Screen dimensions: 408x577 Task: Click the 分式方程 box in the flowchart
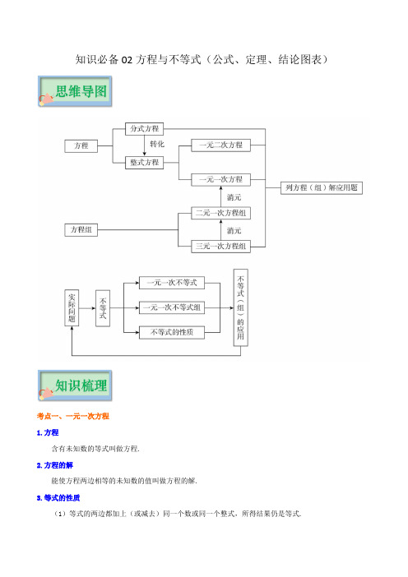click(x=144, y=129)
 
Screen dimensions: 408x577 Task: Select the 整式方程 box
click(x=144, y=162)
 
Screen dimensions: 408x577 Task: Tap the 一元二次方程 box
click(x=221, y=145)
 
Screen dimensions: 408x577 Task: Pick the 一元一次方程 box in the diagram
click(x=221, y=179)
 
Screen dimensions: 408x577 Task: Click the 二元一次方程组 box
click(x=221, y=213)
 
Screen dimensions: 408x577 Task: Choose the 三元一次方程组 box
click(x=221, y=247)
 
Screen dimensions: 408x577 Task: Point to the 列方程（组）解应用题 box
click(x=322, y=187)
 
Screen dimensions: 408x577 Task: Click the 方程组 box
click(x=81, y=229)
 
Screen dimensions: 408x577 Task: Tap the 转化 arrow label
click(x=157, y=145)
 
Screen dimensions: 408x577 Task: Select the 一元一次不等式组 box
click(x=172, y=307)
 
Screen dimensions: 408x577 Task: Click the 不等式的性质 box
click(x=172, y=332)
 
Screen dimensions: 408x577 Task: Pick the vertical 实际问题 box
click(x=72, y=308)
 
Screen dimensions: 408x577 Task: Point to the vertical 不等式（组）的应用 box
click(x=241, y=307)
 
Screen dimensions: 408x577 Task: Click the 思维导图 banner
click(x=75, y=91)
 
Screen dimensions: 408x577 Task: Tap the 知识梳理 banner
click(x=75, y=385)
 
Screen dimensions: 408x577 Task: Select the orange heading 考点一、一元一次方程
click(x=73, y=416)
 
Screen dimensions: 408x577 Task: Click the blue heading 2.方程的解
click(x=55, y=465)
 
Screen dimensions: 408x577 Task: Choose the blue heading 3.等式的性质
click(x=58, y=498)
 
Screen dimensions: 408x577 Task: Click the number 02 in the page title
click(x=127, y=60)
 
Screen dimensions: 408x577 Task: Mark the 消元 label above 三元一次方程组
click(x=234, y=231)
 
